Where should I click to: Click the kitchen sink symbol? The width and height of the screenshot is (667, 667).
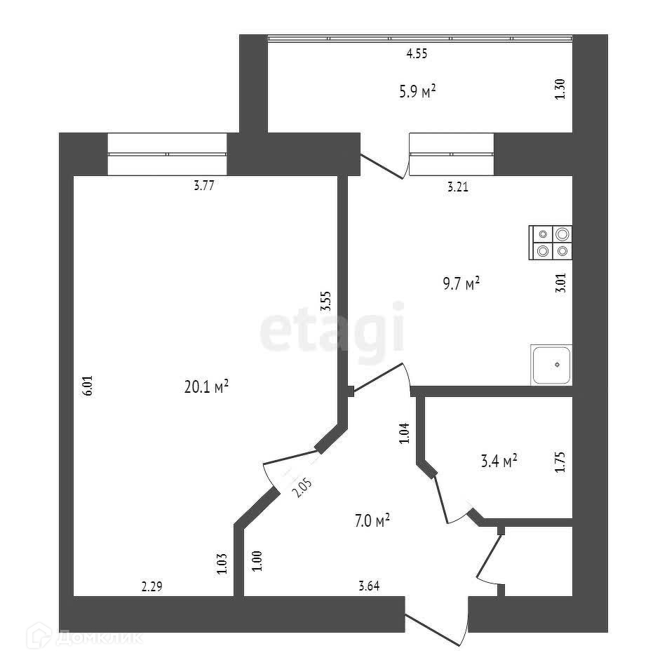point(551,365)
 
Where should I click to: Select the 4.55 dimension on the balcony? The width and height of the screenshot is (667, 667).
point(417,53)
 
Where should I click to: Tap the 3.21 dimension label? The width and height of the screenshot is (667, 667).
point(457,187)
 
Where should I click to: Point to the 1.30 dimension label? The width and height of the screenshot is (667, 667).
point(560,89)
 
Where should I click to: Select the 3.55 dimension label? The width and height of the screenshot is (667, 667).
point(325,301)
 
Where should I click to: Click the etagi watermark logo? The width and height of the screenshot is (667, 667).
point(333,328)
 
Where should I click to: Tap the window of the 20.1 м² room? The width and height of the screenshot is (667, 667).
point(168,154)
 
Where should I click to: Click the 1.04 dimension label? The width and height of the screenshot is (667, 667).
point(403,433)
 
